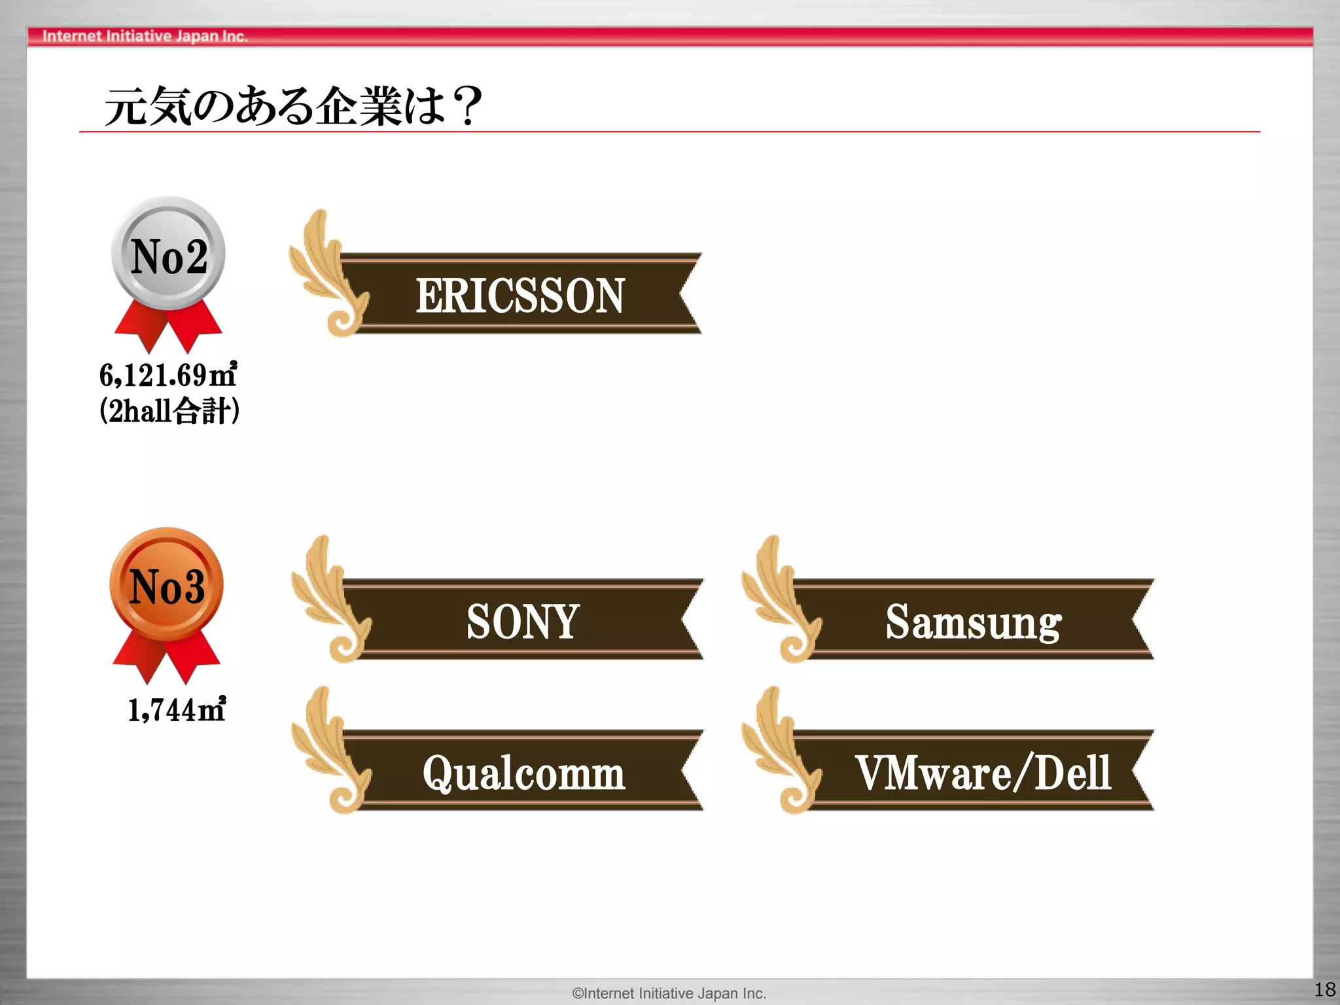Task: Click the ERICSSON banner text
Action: [x=520, y=296]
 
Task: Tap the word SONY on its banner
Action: [x=523, y=621]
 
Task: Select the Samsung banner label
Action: [x=973, y=622]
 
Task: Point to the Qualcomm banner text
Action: [x=523, y=773]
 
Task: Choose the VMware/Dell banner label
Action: [x=983, y=773]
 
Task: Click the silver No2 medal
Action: [x=169, y=254]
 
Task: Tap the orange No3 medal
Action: [x=167, y=584]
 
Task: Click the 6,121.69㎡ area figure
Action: [x=168, y=375]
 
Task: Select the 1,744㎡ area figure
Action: [x=177, y=709]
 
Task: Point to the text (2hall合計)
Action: [x=169, y=412]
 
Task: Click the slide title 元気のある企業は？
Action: [x=293, y=106]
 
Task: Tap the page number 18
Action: [x=1325, y=989]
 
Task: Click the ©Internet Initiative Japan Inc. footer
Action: [x=669, y=993]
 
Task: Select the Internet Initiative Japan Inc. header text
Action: [x=145, y=36]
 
